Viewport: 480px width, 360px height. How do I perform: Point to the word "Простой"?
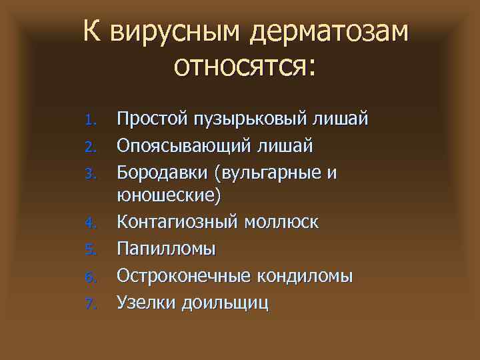[x=149, y=120]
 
